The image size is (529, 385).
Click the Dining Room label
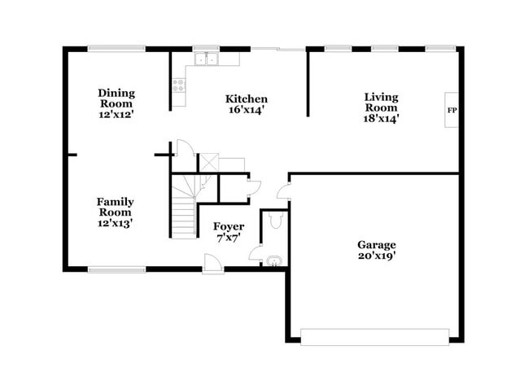click(x=116, y=98)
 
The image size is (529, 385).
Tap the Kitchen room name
click(x=246, y=99)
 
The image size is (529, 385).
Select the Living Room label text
click(x=381, y=103)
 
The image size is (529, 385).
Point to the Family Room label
click(x=116, y=207)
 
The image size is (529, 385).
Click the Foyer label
click(x=228, y=226)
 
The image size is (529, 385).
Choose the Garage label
click(x=376, y=244)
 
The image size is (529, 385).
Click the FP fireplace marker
click(x=451, y=109)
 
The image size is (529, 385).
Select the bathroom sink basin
click(x=274, y=261)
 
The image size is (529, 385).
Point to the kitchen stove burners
click(x=177, y=84)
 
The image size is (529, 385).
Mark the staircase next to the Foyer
click(x=184, y=208)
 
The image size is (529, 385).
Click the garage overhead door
click(x=375, y=336)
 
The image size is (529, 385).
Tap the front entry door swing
click(x=212, y=263)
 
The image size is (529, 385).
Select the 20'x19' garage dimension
click(x=376, y=256)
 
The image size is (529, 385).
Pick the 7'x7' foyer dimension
click(x=228, y=238)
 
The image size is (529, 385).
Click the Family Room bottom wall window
click(x=116, y=269)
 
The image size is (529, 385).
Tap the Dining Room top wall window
click(x=116, y=48)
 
